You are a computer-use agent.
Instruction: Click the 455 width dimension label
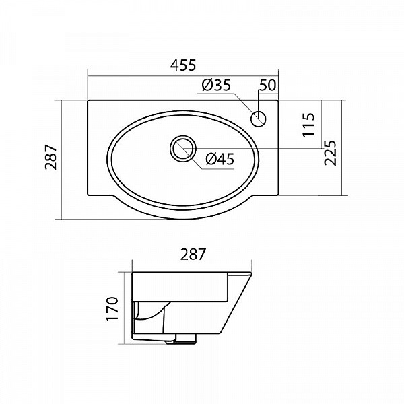[x=183, y=65]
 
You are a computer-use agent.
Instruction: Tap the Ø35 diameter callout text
[x=217, y=85]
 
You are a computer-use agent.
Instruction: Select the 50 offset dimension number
[x=267, y=86]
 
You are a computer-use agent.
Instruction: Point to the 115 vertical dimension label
[x=309, y=125]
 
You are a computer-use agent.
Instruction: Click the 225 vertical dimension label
[x=331, y=153]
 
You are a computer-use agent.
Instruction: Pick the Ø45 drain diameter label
[x=220, y=159]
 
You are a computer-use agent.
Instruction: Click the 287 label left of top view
[x=50, y=158]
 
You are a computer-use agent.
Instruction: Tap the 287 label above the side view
[x=193, y=255]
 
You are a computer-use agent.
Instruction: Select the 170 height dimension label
[x=112, y=309]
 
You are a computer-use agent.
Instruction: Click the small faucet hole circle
[x=258, y=119]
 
